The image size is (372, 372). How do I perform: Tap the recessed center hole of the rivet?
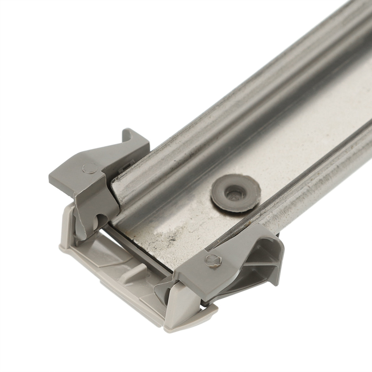click(x=233, y=194)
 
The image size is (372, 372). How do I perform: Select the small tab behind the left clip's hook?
click(x=124, y=167)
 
